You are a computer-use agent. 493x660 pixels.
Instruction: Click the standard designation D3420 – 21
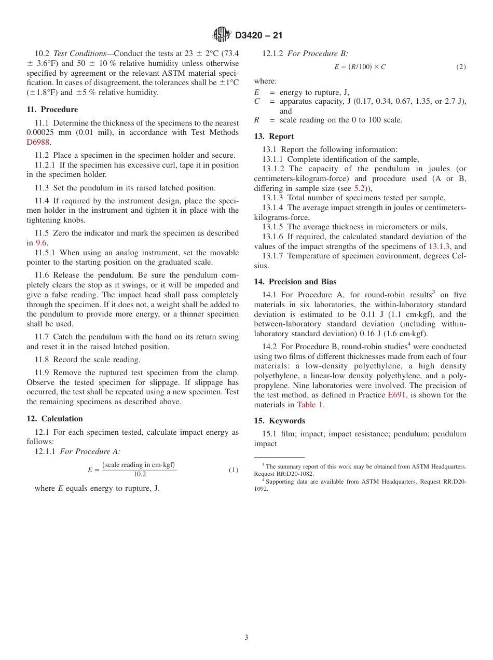tap(258, 36)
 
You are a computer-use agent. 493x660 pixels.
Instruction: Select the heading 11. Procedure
tap(52, 109)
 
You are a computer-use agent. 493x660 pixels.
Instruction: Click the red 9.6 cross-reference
tap(41, 243)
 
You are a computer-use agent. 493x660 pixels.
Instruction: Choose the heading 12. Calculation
tap(54, 419)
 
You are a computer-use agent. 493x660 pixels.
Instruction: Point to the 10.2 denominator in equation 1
tap(140, 474)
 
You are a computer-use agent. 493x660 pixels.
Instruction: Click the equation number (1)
tap(233, 470)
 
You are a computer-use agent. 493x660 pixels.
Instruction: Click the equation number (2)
tap(461, 67)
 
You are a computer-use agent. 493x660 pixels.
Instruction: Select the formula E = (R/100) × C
tap(360, 67)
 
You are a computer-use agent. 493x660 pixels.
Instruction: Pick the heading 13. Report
tap(273, 136)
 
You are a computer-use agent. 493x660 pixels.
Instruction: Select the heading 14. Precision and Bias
tap(295, 282)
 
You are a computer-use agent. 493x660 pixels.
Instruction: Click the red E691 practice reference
tap(396, 395)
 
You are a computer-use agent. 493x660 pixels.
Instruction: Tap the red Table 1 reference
tap(310, 405)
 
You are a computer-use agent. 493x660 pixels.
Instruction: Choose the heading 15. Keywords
tap(279, 421)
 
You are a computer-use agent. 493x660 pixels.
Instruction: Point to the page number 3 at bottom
tap(246, 637)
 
